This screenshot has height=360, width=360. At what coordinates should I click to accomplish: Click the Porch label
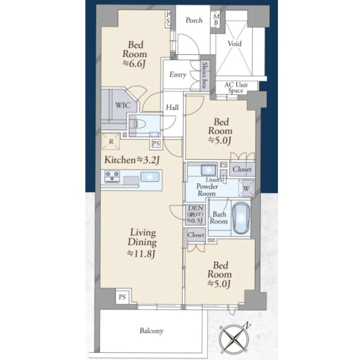click(194, 20)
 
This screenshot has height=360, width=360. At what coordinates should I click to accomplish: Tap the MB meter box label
click(216, 20)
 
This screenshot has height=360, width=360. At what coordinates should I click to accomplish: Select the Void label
click(234, 43)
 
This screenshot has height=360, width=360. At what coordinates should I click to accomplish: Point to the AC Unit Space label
click(236, 87)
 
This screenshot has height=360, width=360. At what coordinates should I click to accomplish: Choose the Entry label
click(178, 75)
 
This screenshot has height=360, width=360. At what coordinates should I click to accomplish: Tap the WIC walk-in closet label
click(123, 105)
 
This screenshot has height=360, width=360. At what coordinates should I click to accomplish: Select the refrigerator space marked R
click(111, 141)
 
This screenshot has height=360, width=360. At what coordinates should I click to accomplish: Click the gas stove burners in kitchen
click(112, 177)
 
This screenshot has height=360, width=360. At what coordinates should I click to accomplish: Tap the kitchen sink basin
click(150, 177)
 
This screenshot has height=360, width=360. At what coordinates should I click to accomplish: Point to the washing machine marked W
click(247, 188)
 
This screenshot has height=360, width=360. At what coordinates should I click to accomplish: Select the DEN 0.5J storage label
click(195, 214)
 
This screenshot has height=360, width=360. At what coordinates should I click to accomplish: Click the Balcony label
click(151, 331)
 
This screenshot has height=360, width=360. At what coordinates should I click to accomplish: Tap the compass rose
click(234, 338)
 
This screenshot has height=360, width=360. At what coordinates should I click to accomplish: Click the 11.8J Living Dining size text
click(142, 254)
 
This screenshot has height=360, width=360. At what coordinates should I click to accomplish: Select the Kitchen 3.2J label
click(132, 160)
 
